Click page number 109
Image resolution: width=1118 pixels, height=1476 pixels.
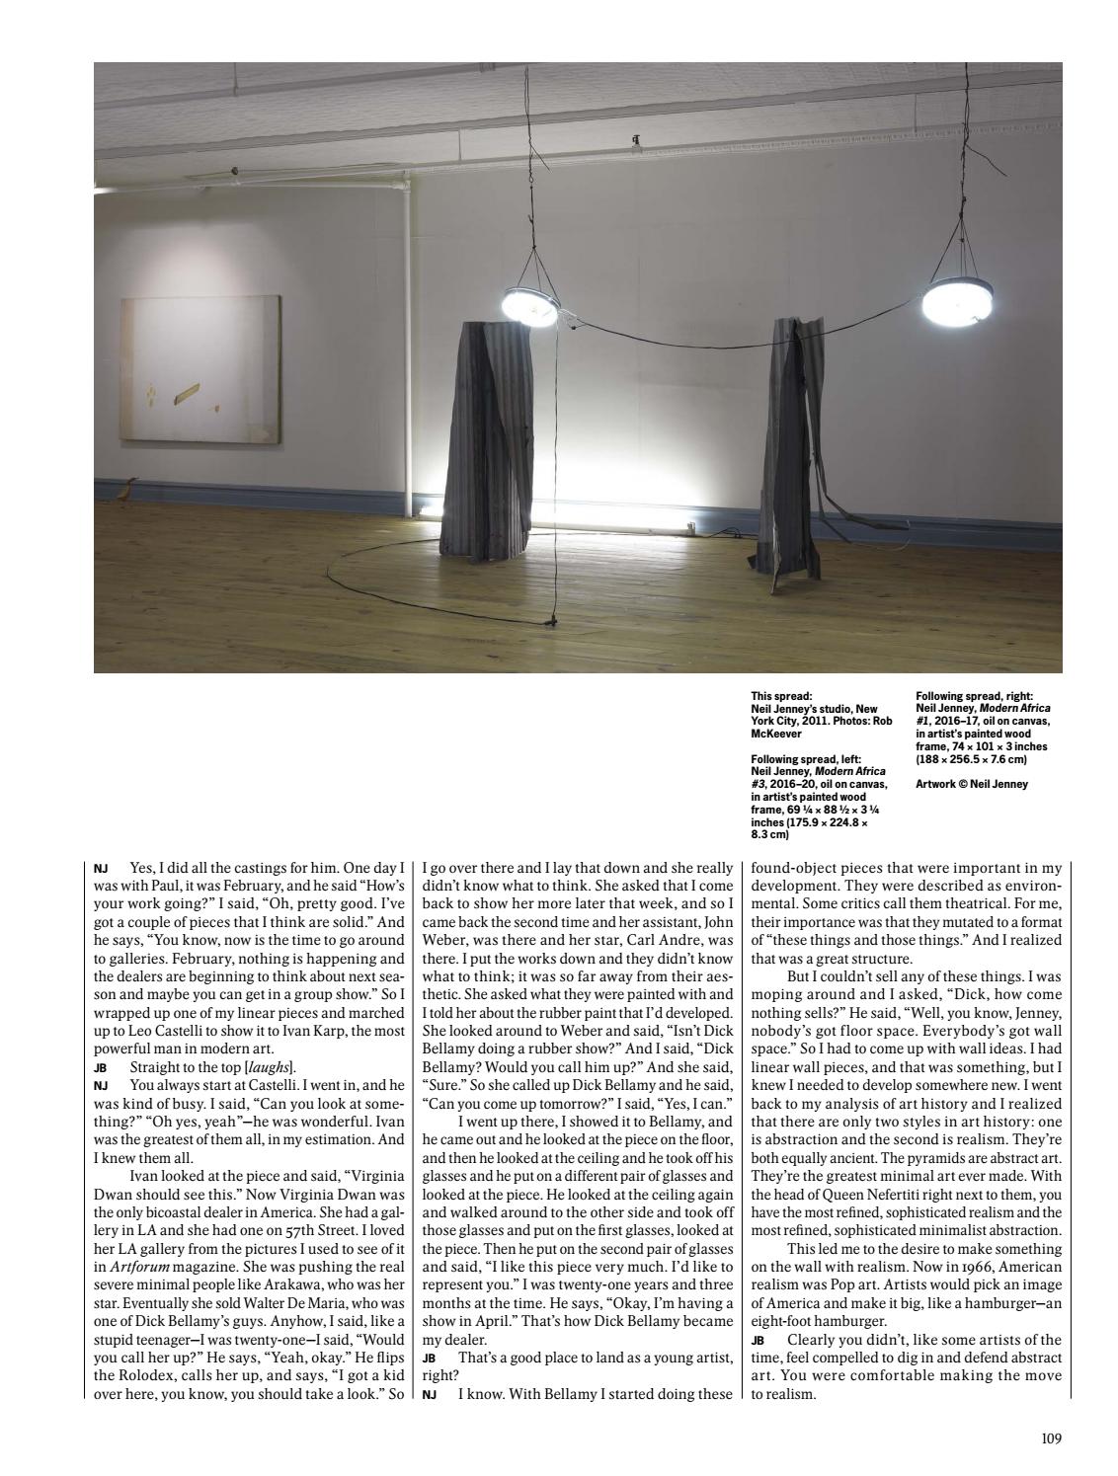pyautogui.click(x=1051, y=1438)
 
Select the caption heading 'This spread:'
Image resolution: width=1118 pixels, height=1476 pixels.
pyautogui.click(x=781, y=696)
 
